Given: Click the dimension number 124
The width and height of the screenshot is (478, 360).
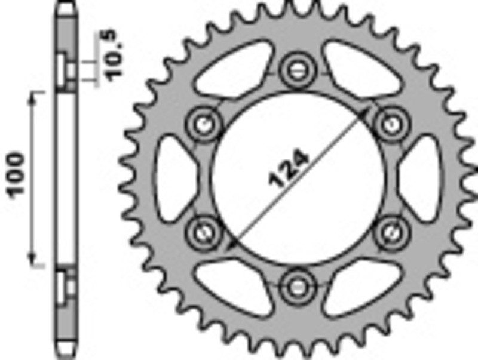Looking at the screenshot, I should tap(290, 169).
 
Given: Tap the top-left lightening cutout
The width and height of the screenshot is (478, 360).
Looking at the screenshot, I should tap(231, 69).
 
